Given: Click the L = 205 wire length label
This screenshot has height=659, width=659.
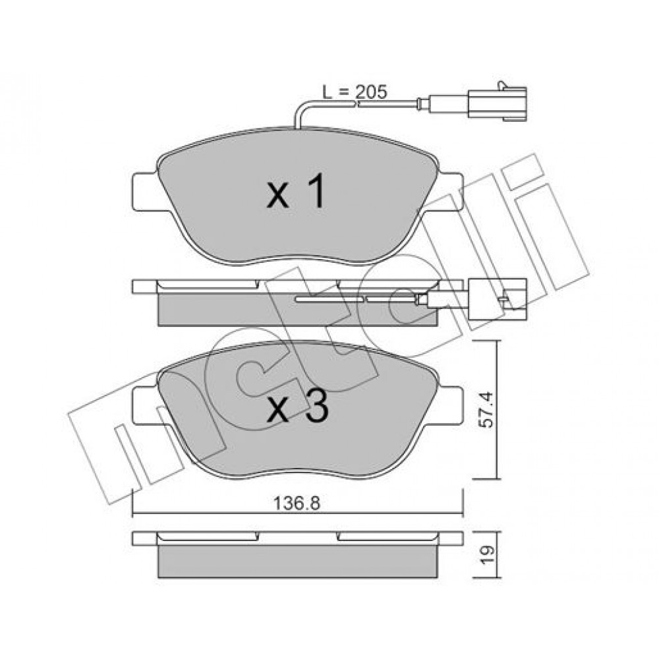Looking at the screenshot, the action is click(355, 92).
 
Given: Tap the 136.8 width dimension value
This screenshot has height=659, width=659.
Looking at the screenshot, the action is click(297, 503).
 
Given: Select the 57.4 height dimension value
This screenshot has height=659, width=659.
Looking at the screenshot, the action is click(486, 409).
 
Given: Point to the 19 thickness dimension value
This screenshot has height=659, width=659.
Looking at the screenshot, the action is click(486, 555).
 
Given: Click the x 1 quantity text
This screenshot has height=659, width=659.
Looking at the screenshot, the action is click(297, 191).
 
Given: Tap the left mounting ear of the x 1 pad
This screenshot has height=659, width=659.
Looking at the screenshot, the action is click(146, 192).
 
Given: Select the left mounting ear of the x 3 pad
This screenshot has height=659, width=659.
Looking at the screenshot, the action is click(146, 405).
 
